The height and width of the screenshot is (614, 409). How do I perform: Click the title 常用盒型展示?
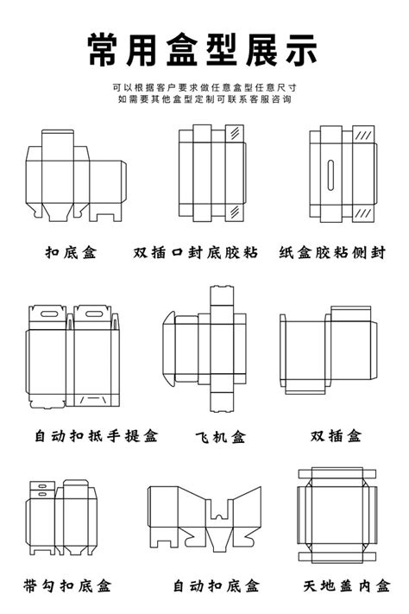click(204, 51)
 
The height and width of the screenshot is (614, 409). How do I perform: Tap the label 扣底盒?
click(72, 253)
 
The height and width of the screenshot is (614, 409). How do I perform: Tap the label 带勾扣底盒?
click(72, 585)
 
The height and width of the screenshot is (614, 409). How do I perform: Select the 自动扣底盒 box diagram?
click(204, 516)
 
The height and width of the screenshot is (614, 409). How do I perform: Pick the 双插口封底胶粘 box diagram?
click(210, 172)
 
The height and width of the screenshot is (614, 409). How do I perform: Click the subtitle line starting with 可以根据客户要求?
click(204, 87)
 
